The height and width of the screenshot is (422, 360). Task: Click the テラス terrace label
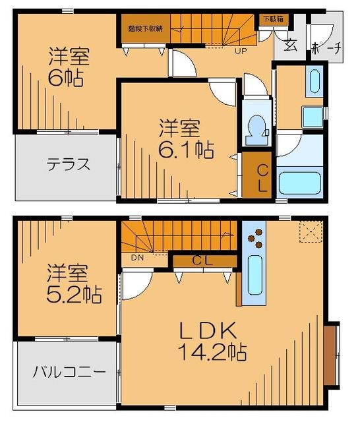(67, 164)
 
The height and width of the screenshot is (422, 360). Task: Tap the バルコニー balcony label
(69, 372)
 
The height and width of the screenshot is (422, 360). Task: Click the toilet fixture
(255, 129)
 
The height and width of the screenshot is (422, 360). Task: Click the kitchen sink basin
(255, 275)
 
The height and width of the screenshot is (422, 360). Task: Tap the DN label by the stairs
(138, 258)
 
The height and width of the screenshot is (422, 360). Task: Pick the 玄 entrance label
(290, 45)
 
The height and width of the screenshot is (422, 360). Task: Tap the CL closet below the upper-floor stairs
(202, 260)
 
